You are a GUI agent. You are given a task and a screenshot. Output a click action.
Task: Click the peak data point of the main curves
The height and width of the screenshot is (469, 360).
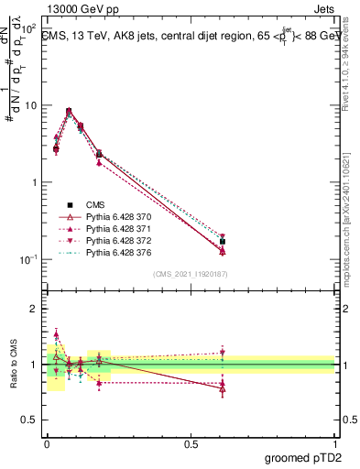[69, 111]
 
